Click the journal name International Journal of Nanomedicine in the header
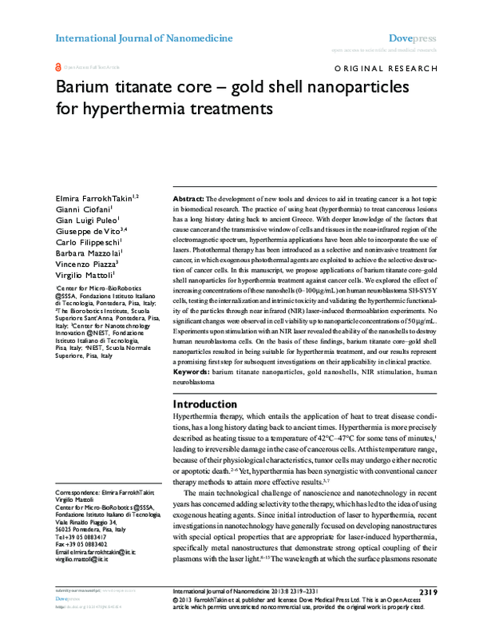click(144, 38)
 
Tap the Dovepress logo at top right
click(413, 38)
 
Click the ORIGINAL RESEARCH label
click(390, 70)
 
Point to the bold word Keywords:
click(192, 372)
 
